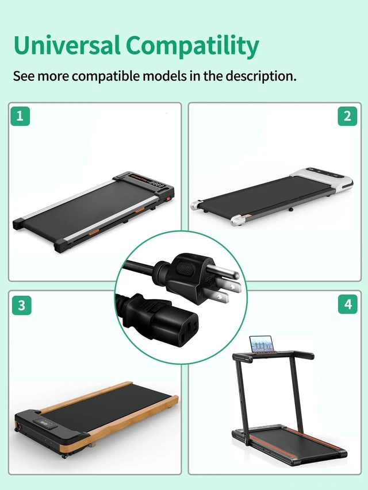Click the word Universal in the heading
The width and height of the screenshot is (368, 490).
point(67,45)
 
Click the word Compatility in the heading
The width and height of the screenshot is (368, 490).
point(193,47)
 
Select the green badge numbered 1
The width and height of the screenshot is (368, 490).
point(20,116)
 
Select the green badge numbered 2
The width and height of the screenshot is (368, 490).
point(347,116)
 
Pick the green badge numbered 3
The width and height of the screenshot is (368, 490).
point(22,305)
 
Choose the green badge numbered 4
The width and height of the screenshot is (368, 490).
point(348,304)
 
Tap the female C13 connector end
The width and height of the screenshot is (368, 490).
point(170,323)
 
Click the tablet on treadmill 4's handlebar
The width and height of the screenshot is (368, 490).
point(262,344)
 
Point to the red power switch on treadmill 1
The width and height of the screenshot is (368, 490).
point(168,198)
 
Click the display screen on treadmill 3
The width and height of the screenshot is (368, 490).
point(45,423)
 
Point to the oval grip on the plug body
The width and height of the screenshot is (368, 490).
point(185,268)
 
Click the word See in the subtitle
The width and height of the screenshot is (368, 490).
point(24,76)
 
